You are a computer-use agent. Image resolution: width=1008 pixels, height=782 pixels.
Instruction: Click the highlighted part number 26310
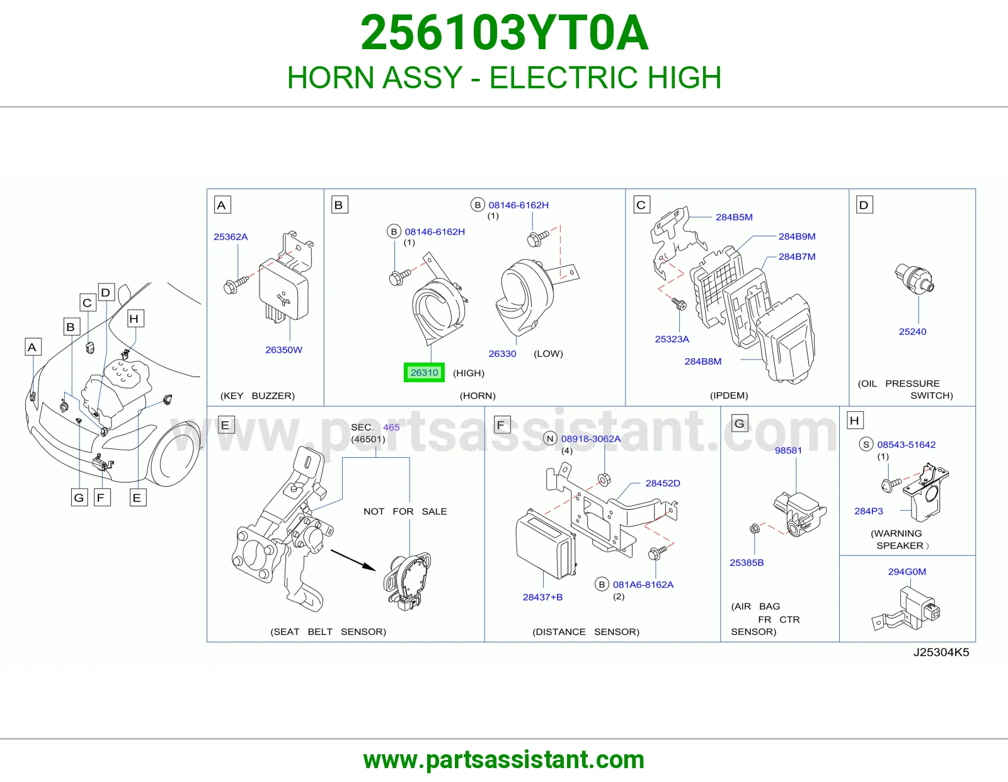(x=424, y=373)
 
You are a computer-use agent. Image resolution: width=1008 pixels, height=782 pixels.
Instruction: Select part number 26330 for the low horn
(x=502, y=353)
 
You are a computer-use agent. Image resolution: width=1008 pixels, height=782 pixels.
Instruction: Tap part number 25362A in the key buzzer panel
(x=231, y=236)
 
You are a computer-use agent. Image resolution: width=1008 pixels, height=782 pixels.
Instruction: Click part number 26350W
(x=283, y=349)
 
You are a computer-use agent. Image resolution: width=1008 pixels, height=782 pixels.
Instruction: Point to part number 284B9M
(x=797, y=236)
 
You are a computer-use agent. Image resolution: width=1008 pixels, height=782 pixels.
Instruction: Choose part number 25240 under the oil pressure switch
(x=912, y=332)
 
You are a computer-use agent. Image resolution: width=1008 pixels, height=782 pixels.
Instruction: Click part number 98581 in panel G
(x=788, y=450)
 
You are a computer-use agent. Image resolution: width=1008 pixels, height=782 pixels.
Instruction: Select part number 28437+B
(x=542, y=597)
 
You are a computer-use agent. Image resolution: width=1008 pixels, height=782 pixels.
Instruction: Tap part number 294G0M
(x=907, y=571)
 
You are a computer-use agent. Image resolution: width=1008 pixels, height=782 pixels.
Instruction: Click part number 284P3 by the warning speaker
(x=869, y=511)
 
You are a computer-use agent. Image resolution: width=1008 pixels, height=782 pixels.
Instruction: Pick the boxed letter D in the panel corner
(x=864, y=205)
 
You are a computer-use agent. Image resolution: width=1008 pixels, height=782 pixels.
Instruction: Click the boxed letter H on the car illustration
(x=135, y=318)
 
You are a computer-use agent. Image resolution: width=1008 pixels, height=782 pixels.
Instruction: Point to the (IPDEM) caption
(x=729, y=395)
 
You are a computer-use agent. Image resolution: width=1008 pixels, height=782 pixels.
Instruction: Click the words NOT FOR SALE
(x=405, y=511)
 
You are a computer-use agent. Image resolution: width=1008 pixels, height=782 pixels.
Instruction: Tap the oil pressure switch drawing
(x=915, y=277)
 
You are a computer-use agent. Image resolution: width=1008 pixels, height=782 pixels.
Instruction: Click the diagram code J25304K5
(x=941, y=652)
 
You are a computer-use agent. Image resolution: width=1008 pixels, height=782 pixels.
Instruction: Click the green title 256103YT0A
(x=504, y=32)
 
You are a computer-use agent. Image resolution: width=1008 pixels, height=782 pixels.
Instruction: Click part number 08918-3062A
(x=590, y=438)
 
